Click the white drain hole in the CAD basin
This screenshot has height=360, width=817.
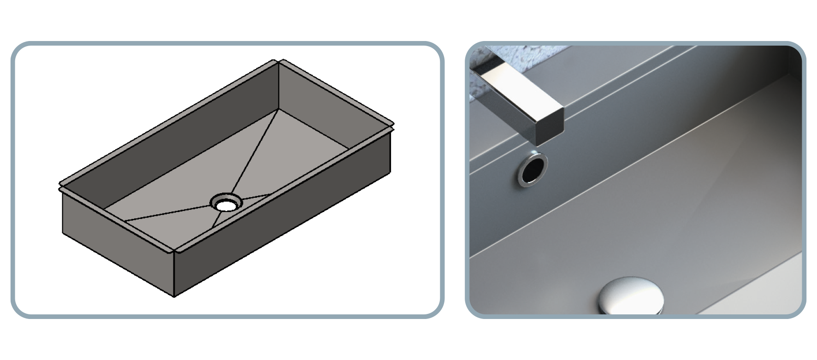pos(226,205)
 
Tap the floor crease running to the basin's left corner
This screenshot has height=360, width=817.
pos(166,213)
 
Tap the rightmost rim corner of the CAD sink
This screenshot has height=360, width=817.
pos(393,124)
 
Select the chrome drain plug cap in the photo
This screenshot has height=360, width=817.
pos(630,295)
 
